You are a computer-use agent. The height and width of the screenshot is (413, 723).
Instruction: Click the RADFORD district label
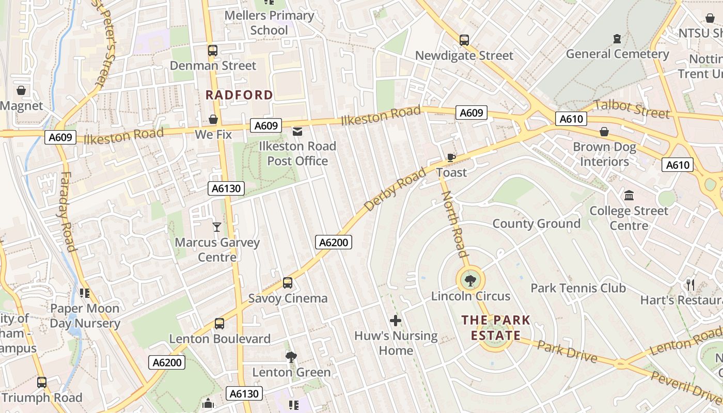click(x=239, y=95)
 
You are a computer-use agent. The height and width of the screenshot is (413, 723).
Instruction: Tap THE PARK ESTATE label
click(x=496, y=327)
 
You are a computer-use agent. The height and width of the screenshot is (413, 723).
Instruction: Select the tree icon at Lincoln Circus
click(x=470, y=281)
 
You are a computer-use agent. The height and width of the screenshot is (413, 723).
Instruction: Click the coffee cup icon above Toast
click(x=451, y=157)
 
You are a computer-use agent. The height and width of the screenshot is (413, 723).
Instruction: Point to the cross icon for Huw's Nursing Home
click(x=396, y=321)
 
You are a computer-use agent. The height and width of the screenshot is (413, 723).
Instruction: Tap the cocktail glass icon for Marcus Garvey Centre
click(x=216, y=227)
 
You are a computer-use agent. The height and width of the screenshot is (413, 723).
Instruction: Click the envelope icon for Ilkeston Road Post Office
click(x=297, y=132)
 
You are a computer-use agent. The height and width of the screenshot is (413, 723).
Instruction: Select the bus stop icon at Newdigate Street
click(x=464, y=40)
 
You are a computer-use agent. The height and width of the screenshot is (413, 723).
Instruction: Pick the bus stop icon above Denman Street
click(x=213, y=51)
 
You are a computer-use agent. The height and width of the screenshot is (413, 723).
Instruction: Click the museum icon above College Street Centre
click(x=629, y=196)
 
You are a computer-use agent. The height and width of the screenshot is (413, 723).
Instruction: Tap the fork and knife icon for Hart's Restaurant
click(x=690, y=284)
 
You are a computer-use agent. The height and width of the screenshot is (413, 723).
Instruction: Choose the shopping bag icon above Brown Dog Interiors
click(x=604, y=132)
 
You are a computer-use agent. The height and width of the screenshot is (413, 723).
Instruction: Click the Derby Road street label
click(x=395, y=189)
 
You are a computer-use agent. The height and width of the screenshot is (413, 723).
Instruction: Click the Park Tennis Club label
click(x=578, y=288)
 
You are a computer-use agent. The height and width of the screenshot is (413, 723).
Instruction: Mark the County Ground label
click(x=536, y=224)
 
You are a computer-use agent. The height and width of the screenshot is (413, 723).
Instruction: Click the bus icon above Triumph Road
click(x=42, y=383)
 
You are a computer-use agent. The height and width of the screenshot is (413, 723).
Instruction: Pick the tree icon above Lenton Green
click(x=291, y=357)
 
